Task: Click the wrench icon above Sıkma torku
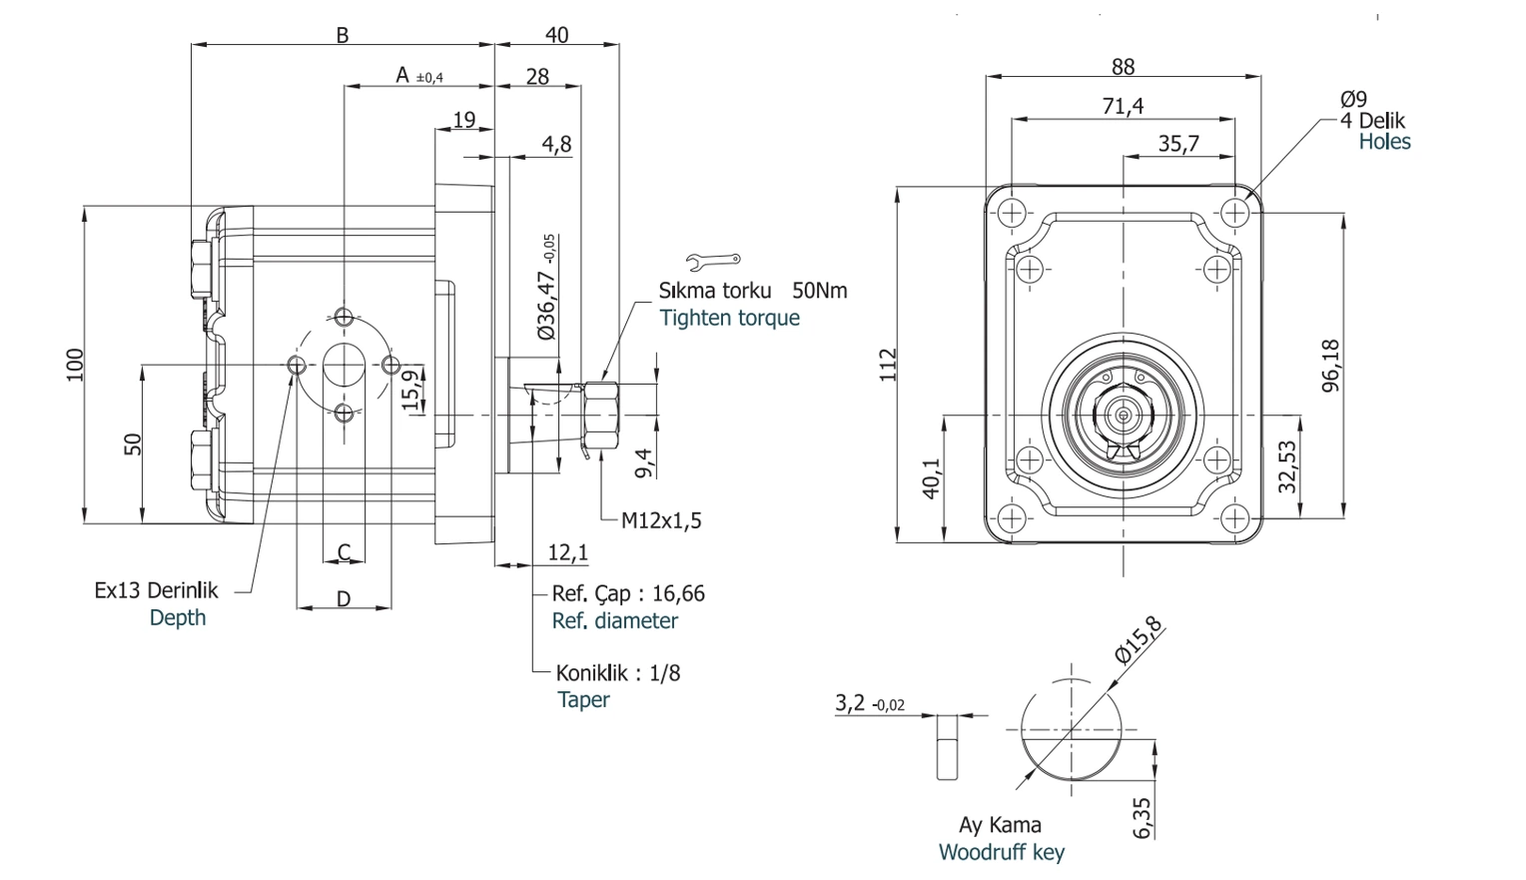point(713,261)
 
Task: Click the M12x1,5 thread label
point(661,520)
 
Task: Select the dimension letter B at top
point(343,35)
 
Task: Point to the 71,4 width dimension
point(1123,106)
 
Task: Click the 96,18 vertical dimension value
point(1330,366)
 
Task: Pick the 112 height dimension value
point(888,365)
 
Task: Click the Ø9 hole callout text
point(1353,99)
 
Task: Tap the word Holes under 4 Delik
point(1384,142)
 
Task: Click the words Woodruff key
point(1002,852)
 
